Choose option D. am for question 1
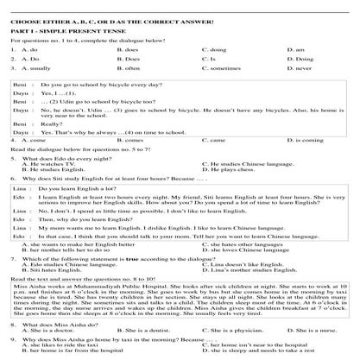coord(293,49)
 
